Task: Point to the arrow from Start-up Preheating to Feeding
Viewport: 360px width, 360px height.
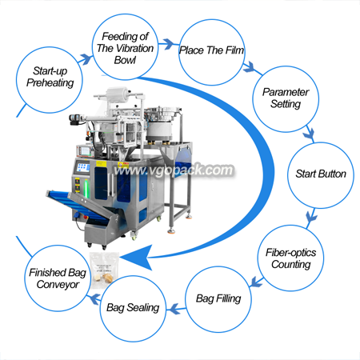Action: (86, 59)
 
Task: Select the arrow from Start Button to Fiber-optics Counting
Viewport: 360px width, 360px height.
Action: (311, 217)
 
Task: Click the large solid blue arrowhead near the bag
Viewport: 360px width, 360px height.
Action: (136, 258)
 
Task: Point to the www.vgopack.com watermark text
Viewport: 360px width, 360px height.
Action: (174, 170)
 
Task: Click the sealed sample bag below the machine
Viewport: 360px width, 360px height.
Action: (104, 270)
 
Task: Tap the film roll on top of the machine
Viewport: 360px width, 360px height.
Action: (118, 95)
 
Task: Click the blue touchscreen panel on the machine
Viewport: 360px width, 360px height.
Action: (83, 167)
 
